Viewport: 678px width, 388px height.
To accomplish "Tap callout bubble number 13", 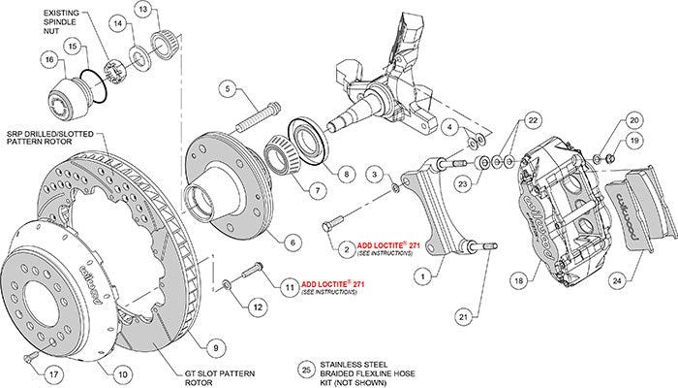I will pyautogui.click(x=142, y=12).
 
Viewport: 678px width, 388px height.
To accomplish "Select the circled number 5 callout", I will pyautogui.click(x=228, y=88).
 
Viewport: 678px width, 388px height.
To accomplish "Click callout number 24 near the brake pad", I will pyautogui.click(x=616, y=282).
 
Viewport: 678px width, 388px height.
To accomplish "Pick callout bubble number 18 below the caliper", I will pyautogui.click(x=518, y=279).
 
